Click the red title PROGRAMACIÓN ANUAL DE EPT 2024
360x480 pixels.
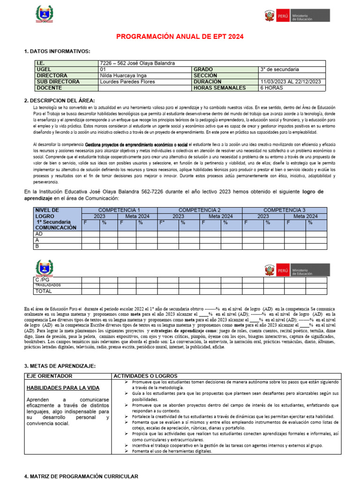[180, 37]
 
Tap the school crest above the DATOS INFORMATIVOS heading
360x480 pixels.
[45, 15]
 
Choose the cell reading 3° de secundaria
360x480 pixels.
[280, 69]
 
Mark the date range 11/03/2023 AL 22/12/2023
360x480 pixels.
[291, 82]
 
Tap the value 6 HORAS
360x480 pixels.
[271, 88]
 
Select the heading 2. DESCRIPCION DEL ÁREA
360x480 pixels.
[59, 101]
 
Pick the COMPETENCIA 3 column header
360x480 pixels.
[285, 210]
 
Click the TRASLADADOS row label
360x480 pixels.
[48, 285]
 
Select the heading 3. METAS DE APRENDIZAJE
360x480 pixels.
[60, 366]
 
